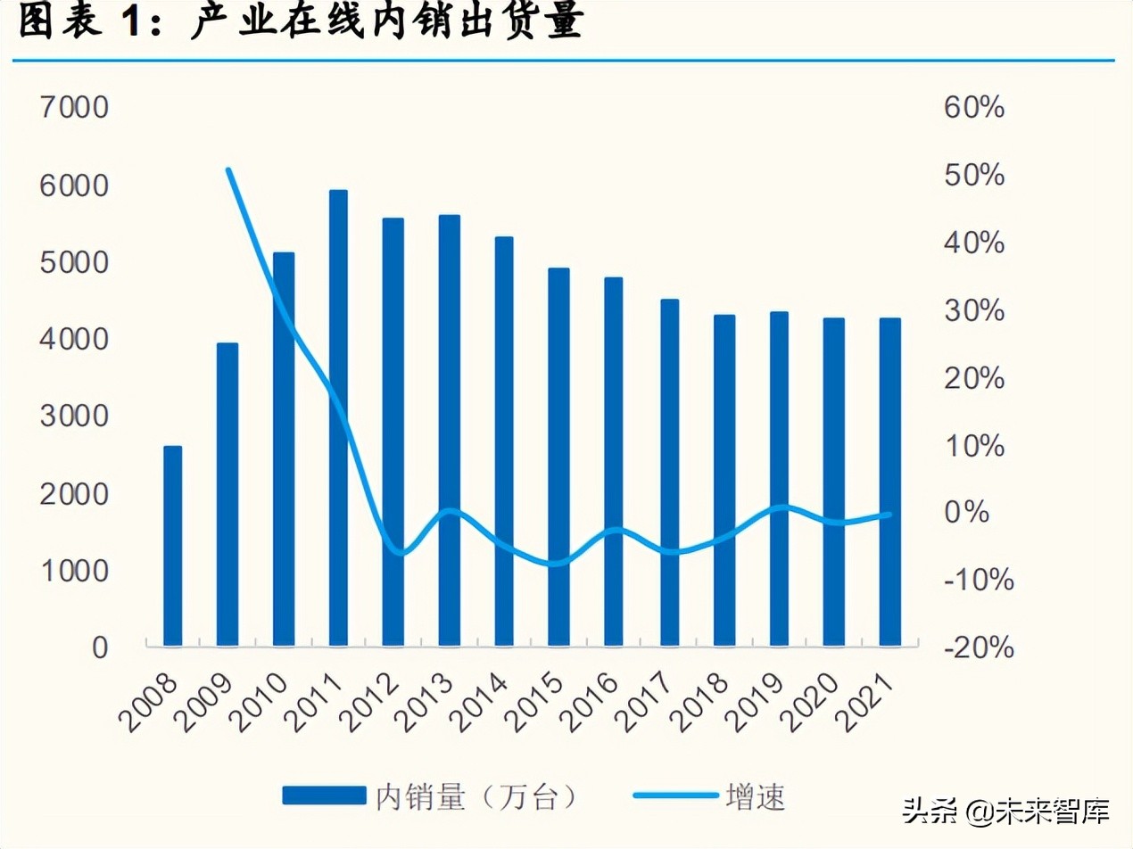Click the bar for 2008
(x=172, y=546)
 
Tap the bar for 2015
(x=558, y=457)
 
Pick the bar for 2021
(x=889, y=482)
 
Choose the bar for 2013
(x=449, y=430)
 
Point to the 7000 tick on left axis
(x=74, y=109)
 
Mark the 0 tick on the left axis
(x=99, y=647)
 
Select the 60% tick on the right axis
(x=973, y=109)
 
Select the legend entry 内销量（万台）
(x=428, y=795)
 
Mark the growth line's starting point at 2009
(x=228, y=169)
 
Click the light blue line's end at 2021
(x=889, y=514)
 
